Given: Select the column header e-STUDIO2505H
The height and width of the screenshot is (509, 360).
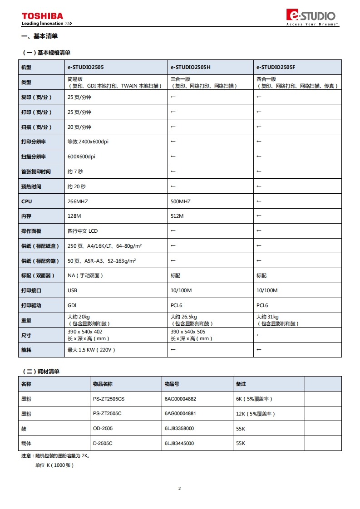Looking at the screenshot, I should tap(190, 67).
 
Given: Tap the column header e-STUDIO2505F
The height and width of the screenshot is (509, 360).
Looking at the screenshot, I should tap(276, 67).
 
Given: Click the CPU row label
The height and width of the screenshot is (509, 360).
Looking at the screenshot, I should tap(27, 201).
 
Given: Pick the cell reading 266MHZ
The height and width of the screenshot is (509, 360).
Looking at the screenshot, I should tap(78, 201).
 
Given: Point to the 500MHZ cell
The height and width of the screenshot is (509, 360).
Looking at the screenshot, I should tap(181, 201).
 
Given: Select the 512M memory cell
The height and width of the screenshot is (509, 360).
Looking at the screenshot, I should tap(177, 216).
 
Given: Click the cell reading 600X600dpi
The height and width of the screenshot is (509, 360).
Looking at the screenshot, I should tap(81, 157).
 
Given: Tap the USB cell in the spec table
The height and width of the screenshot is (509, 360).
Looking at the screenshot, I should tap(72, 290).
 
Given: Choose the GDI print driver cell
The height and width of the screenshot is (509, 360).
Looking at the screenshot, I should tap(72, 305).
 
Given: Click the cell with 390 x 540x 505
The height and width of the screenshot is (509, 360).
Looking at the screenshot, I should tap(188, 332).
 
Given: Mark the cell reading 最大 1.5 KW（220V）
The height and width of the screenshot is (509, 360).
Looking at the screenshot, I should tap(91, 350).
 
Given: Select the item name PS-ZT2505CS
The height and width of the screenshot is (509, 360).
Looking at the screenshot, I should tap(108, 399).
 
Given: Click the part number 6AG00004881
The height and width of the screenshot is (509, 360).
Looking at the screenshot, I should tap(180, 414).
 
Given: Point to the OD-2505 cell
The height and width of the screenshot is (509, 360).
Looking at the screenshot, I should tap(103, 428).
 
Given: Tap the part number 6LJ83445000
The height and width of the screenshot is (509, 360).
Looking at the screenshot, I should tap(179, 443).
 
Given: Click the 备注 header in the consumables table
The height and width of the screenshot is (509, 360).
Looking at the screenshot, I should tap(241, 384).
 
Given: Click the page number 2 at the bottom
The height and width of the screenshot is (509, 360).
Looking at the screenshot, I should tap(179, 489).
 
